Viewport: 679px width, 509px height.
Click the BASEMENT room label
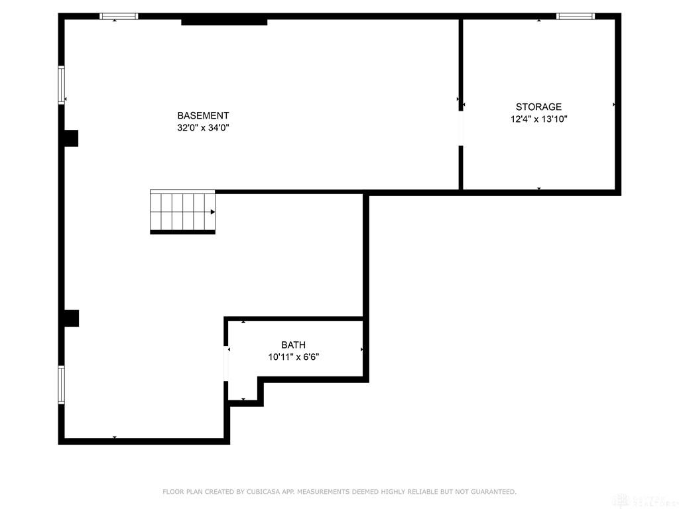(203, 115)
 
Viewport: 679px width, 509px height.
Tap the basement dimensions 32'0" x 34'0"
(203, 128)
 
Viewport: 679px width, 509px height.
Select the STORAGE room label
(538, 107)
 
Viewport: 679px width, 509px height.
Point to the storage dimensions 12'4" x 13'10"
(538, 119)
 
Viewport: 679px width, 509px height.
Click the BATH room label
(293, 345)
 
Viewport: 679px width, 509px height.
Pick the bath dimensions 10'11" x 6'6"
(293, 357)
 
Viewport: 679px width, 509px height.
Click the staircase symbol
(182, 211)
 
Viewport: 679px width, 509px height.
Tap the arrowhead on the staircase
(212, 212)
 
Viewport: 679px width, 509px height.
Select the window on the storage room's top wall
(575, 16)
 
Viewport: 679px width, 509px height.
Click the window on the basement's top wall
(119, 16)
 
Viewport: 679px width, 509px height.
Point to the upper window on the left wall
(62, 84)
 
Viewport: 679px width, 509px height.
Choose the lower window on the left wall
(62, 384)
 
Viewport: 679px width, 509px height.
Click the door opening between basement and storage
(461, 129)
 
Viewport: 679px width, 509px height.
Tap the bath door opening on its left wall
(227, 364)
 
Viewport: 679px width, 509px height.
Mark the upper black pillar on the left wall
(70, 138)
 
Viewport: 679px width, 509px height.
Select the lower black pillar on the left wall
(70, 318)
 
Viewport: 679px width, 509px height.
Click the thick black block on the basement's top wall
(224, 21)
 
